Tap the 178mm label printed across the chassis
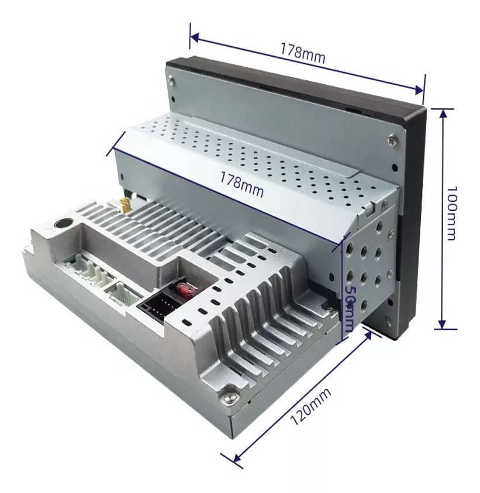tap(241, 184)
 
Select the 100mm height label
tap(451, 213)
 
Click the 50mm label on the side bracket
tap(350, 308)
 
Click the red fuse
tap(187, 288)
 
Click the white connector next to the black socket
tap(123, 292)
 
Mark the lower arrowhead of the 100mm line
tap(442, 324)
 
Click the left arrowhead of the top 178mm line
tap(195, 38)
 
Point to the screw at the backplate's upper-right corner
tap(392, 140)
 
